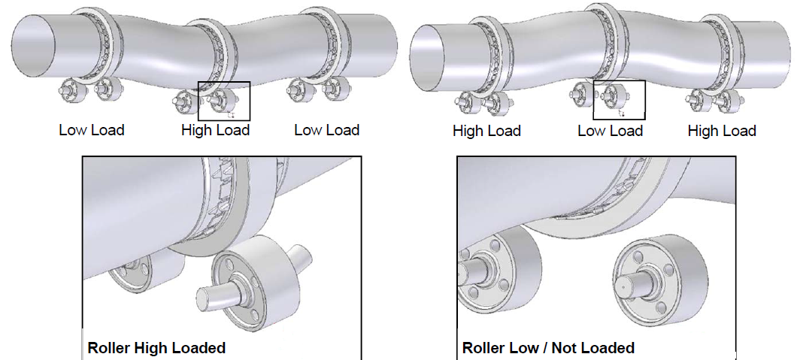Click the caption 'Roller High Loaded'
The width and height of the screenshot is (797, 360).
156,348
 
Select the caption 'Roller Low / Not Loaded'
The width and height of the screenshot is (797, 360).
548,348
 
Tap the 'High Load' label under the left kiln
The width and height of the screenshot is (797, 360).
215,130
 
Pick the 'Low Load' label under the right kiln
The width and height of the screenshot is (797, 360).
610,131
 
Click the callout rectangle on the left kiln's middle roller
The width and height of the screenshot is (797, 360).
223,101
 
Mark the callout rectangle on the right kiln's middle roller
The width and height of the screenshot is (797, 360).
619,98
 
